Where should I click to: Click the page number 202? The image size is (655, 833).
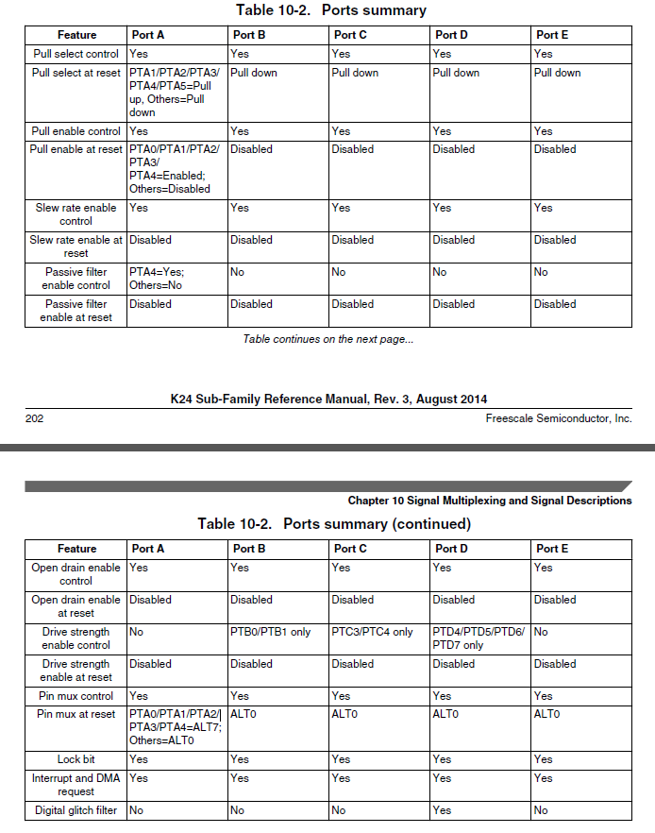(x=34, y=418)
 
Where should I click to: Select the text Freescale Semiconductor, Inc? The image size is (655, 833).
(x=559, y=418)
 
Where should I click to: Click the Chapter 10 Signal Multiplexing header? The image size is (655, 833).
(x=489, y=501)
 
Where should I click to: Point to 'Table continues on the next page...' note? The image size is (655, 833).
(x=327, y=339)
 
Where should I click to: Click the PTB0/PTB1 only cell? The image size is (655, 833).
(x=270, y=632)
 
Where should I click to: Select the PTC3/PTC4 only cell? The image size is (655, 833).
(x=372, y=632)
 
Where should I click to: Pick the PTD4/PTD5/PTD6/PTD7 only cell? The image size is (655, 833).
(x=479, y=638)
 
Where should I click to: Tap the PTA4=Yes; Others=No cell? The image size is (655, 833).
(x=157, y=278)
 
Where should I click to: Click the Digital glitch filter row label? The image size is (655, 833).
(x=76, y=810)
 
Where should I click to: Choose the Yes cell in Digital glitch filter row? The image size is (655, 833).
(x=442, y=810)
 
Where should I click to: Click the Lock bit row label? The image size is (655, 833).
(x=76, y=759)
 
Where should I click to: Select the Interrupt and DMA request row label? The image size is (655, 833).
(x=76, y=785)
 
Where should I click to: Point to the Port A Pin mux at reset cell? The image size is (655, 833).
(x=175, y=727)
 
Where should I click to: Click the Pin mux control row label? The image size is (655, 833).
(x=76, y=696)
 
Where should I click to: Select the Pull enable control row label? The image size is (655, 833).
(x=76, y=131)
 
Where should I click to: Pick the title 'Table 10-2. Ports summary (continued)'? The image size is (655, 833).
(x=333, y=523)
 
